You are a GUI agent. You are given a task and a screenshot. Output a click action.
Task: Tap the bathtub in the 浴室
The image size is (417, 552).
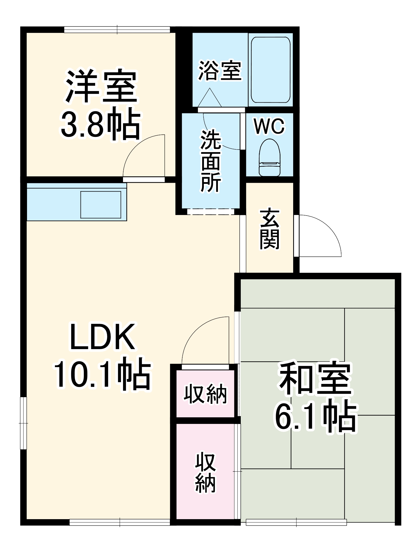[x=270, y=70]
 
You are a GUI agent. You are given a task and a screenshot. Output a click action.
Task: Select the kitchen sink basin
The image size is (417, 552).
[x=101, y=205]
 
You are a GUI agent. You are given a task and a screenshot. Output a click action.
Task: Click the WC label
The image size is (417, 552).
[x=269, y=126]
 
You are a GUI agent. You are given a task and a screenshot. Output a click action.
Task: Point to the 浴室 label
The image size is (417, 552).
[x=220, y=71]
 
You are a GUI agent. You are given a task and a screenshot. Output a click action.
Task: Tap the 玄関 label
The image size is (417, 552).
[x=269, y=229]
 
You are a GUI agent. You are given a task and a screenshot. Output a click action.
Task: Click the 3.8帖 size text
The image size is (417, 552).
[x=101, y=126]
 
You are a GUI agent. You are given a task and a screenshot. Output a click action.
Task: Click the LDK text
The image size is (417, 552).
[x=103, y=337]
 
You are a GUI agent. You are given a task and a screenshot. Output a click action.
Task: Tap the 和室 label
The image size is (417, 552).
[x=315, y=379]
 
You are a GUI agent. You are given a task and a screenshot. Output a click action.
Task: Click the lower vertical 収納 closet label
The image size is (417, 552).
[x=205, y=472]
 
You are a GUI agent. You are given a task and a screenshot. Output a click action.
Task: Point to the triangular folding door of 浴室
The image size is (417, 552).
[x=210, y=98]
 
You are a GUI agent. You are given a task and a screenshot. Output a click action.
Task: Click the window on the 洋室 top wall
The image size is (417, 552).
[x=117, y=29]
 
